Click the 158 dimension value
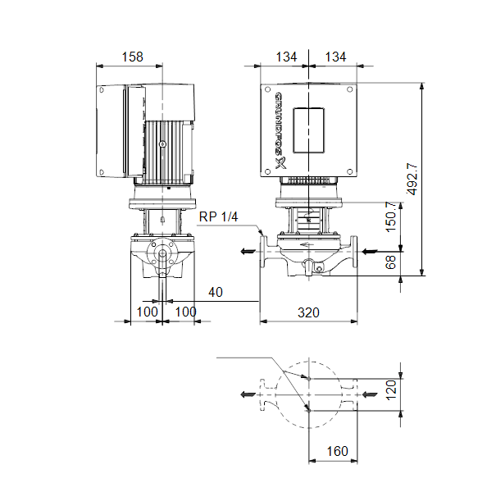(133, 57)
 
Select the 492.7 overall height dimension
(412, 179)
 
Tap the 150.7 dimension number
(391, 216)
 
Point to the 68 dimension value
(391, 262)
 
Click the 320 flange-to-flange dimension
(308, 312)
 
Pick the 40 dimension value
(216, 292)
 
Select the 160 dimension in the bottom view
(337, 451)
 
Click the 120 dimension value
(391, 390)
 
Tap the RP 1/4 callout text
(218, 216)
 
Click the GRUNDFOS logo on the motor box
(280, 130)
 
